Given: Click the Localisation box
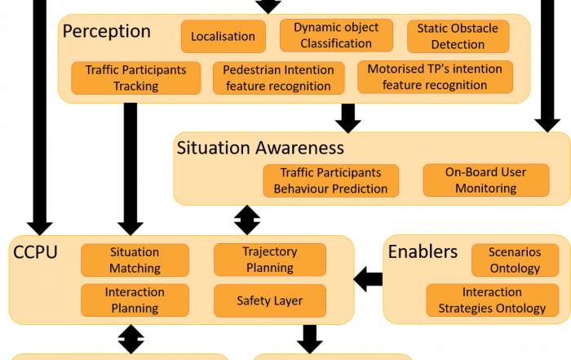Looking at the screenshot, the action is [224, 37].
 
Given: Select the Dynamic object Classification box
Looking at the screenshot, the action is [336, 35].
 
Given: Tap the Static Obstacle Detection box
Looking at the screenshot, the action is [458, 37].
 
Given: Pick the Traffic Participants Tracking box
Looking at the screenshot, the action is [136, 78].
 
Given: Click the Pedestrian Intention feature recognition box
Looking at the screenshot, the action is [279, 78].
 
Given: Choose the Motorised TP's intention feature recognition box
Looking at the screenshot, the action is [435, 77].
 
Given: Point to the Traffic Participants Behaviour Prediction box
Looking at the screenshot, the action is [330, 180].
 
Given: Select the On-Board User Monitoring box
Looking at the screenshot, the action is [486, 180].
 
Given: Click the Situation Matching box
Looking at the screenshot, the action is [135, 260].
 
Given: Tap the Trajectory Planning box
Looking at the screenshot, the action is [270, 260].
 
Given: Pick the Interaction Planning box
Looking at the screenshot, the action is [135, 300].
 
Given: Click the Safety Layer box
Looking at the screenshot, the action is [270, 300].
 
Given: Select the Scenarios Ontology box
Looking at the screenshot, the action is [515, 260].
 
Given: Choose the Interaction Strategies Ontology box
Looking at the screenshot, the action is [493, 300].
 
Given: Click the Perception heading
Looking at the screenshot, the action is [106, 31].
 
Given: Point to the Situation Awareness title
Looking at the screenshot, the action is [260, 148].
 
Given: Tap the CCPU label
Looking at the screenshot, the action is [35, 252].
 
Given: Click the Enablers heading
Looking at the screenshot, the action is [423, 251].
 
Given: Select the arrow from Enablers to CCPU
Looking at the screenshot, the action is [368, 279].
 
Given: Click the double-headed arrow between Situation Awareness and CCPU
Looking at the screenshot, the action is [247, 220].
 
